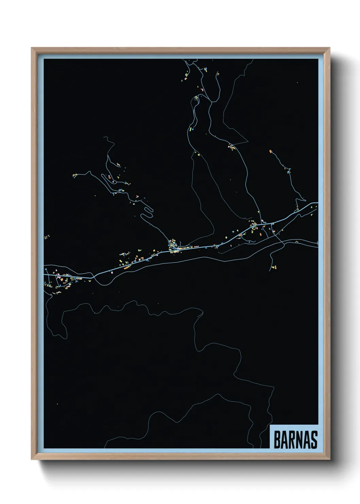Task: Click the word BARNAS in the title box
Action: (x=295, y=440)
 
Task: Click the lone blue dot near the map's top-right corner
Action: (x=297, y=82)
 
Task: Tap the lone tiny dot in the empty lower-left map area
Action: (x=57, y=404)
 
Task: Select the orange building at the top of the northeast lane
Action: (x=271, y=151)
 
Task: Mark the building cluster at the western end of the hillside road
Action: (x=75, y=175)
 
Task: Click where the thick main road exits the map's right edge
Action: (x=317, y=203)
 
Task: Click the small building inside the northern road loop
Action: (x=196, y=98)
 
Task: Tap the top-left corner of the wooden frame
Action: (x=32, y=48)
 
